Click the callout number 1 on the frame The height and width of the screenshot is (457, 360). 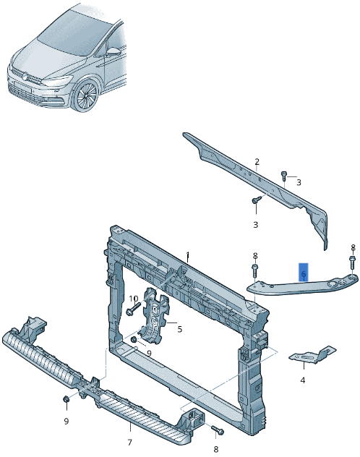tap(187, 255)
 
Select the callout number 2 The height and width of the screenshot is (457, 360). tap(256, 161)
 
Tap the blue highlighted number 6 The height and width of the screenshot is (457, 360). tap(304, 274)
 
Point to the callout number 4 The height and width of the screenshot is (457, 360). tap(302, 380)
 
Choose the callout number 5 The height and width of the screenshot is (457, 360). tap(179, 330)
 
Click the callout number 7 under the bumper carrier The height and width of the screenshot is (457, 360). tap(129, 442)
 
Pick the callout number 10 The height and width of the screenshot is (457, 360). tap(134, 299)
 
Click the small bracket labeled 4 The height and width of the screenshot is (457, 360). tap(311, 355)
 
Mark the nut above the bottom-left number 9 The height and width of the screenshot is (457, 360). tap(66, 400)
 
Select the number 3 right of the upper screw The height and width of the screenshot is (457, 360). tap(298, 182)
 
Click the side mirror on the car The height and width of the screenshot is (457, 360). tap(114, 52)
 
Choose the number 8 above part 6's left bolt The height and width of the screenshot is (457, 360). tap(255, 256)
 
